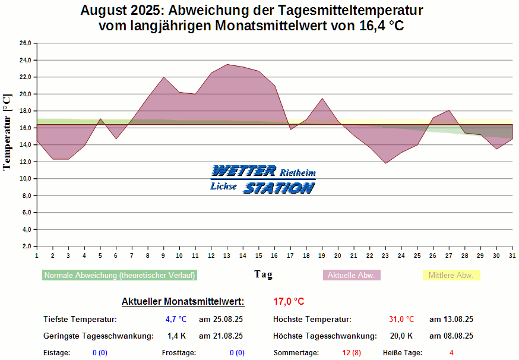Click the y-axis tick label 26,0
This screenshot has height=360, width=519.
(25, 43)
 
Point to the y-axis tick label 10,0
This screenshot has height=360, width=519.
(25, 179)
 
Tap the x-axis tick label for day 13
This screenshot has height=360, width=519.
(227, 255)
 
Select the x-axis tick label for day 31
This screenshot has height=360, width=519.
(512, 255)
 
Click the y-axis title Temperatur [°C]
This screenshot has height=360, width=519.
(7, 132)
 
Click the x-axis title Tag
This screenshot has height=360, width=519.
(264, 274)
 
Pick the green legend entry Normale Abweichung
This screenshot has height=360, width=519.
(119, 276)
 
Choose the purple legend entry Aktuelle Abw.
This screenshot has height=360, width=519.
(352, 276)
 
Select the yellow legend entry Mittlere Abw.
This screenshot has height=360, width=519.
(451, 276)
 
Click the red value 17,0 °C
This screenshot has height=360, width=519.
(289, 301)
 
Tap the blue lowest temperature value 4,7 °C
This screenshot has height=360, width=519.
(176, 319)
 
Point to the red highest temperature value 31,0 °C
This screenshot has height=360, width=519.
(401, 319)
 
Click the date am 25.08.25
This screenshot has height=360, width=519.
(221, 319)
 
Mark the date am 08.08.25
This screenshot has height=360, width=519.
(451, 336)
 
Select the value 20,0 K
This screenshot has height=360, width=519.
(401, 336)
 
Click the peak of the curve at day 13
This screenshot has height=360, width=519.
(227, 64)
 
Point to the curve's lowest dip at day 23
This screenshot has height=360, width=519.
(386, 163)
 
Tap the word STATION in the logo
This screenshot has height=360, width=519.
(279, 188)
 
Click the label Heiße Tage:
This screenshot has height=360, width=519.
(402, 353)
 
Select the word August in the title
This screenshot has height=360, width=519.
(103, 11)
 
